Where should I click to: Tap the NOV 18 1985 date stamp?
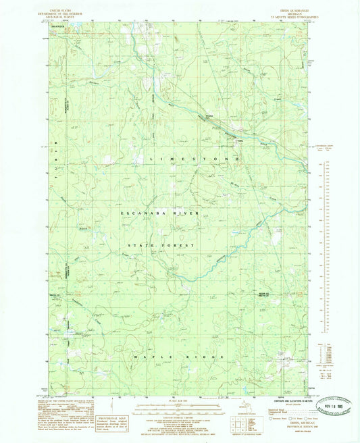(x=319, y=400)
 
